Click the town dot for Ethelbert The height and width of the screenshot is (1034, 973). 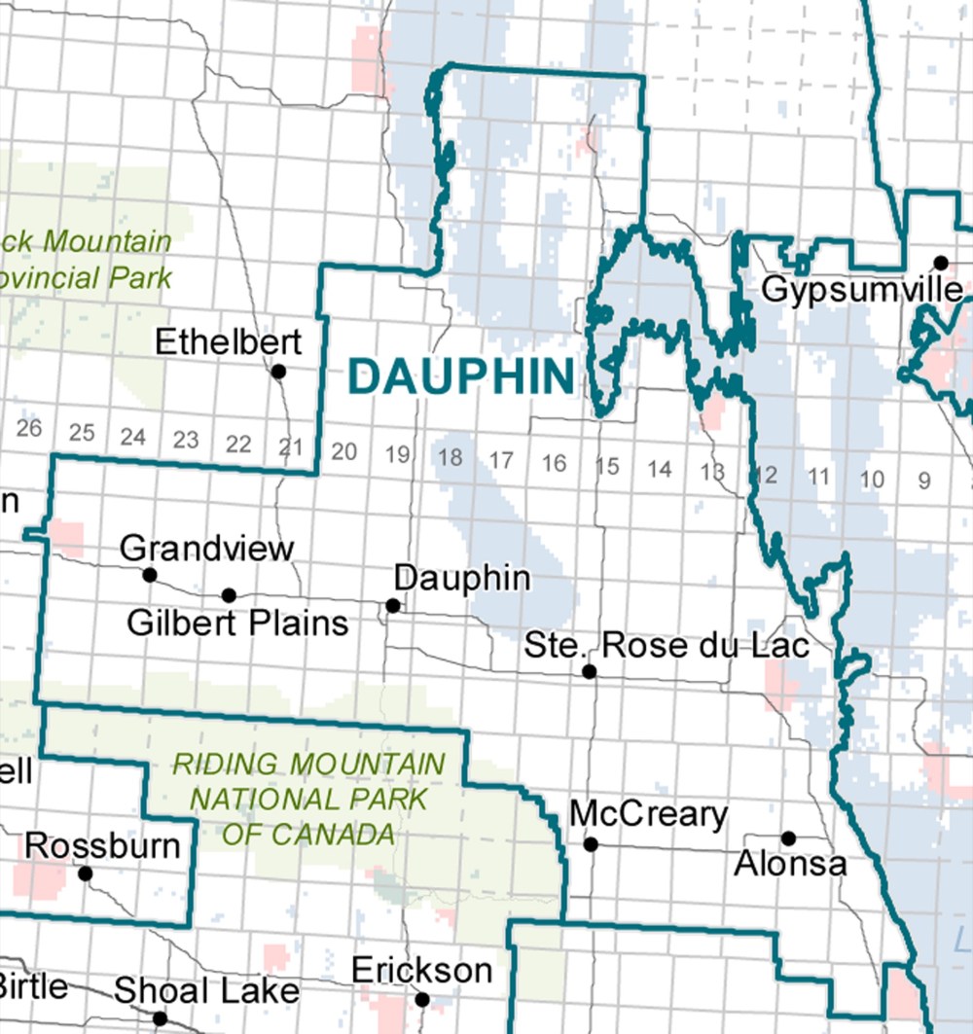(x=278, y=371)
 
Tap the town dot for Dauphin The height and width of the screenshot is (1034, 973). (x=393, y=605)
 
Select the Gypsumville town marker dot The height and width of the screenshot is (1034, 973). (x=941, y=263)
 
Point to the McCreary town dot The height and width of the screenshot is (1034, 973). (x=591, y=844)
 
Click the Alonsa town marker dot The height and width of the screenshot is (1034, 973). (x=789, y=838)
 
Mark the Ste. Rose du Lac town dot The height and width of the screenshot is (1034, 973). (x=589, y=671)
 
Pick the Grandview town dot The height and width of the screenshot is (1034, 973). (x=150, y=575)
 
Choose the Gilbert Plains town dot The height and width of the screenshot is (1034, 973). (x=229, y=594)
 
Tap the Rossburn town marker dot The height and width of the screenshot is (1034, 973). (x=86, y=874)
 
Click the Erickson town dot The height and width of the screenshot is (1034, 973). (x=422, y=999)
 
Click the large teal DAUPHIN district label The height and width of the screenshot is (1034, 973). (x=461, y=377)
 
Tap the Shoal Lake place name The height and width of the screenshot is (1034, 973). (x=206, y=991)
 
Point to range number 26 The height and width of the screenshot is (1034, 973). (x=29, y=428)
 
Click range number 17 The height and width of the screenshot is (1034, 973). (x=501, y=459)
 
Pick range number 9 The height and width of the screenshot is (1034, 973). (x=923, y=480)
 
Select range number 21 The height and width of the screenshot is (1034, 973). (x=290, y=446)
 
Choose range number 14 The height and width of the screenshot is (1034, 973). (x=660, y=470)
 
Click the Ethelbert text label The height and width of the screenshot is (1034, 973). (x=229, y=342)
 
